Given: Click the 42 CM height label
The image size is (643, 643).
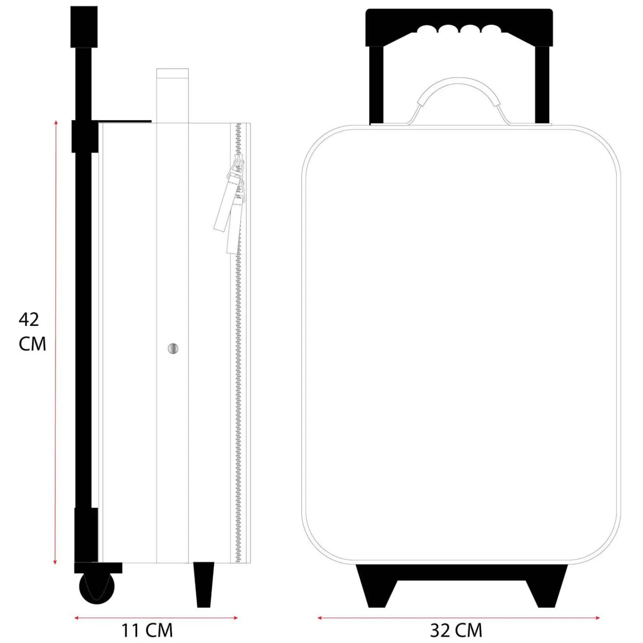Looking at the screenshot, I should coord(32,331).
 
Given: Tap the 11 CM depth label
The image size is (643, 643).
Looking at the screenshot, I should coord(147,630).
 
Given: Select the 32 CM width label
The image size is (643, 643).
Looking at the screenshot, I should coord(456,630).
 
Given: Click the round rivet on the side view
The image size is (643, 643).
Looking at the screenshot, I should coord(173,349).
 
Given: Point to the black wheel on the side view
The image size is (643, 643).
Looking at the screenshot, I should coord(97,587).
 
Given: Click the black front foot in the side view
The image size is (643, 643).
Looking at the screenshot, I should coord(204,584).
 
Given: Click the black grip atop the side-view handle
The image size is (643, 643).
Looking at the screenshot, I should coord(84,27).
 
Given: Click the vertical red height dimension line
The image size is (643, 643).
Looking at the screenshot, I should coord(55,343).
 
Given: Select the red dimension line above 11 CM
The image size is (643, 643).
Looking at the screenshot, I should coord(156,618).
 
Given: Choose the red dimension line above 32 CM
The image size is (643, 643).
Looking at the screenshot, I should coord(458,618).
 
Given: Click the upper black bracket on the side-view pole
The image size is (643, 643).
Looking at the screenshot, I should coord(85,136).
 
